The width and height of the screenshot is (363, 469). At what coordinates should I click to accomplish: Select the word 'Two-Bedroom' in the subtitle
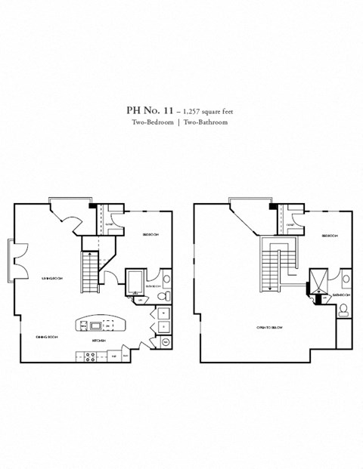[150, 122]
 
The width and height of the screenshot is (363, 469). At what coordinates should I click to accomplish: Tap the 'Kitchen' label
[98, 341]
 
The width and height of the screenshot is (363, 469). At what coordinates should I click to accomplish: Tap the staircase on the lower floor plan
[90, 273]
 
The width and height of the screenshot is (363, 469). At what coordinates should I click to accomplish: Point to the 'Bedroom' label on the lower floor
[150, 236]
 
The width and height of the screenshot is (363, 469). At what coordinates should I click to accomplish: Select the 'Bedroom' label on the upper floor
[329, 236]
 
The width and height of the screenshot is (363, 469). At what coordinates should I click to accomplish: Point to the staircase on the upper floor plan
[271, 268]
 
